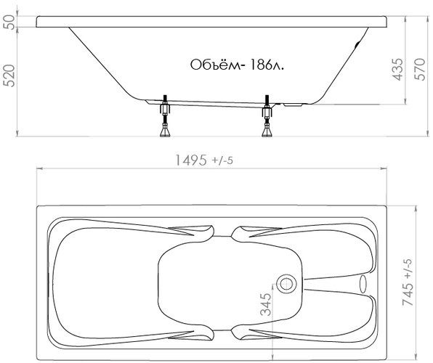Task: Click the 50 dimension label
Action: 10,22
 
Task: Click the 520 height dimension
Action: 10,76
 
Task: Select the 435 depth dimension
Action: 397,69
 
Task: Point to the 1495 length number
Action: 191,160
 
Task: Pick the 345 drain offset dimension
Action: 266,304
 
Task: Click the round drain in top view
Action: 286,283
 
